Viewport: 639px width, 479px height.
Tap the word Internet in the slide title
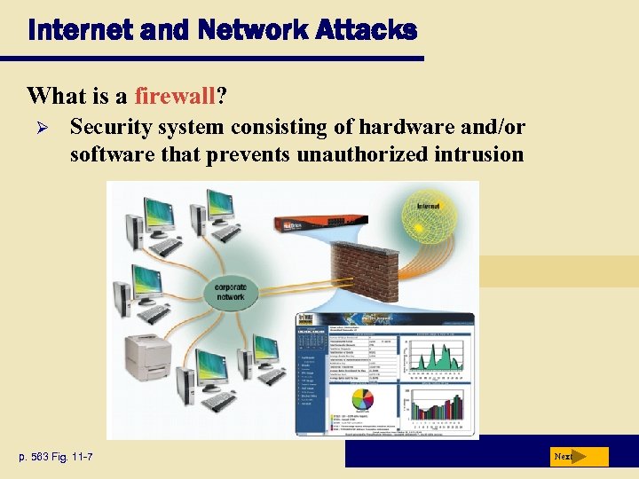(72, 30)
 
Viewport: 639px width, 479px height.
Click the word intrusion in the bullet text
(479, 154)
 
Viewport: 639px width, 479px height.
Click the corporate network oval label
(230, 291)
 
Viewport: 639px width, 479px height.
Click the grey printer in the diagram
(147, 352)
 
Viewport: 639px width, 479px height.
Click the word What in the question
(51, 95)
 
